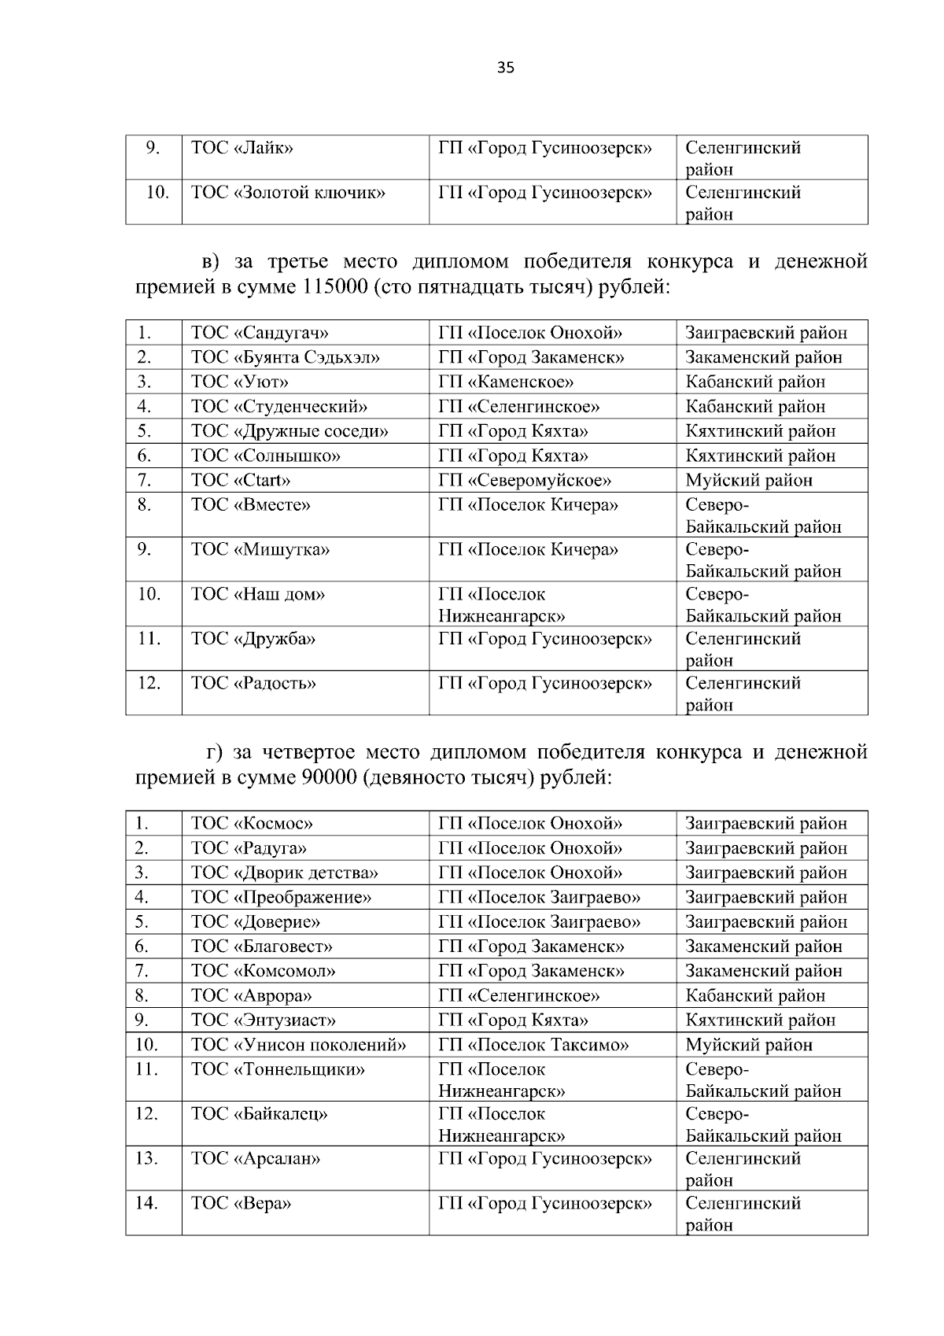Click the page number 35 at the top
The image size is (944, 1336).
coord(506,68)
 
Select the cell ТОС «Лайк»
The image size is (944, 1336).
coord(242,148)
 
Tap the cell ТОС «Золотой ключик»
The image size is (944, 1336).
coord(288,193)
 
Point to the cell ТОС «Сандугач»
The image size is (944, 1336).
coord(260,333)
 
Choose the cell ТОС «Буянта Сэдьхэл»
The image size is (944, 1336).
coord(286,357)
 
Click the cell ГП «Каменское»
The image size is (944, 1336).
coord(506,382)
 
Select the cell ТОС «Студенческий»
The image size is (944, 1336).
coord(279,407)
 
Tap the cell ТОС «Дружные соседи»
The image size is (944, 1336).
coord(289,431)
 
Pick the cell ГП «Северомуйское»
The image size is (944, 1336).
coord(525,481)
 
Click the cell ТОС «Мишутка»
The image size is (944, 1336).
coord(260,550)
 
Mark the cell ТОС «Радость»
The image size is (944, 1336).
coord(253,684)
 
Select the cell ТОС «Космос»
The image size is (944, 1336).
coord(252,824)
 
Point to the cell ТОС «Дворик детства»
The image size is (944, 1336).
coord(285,873)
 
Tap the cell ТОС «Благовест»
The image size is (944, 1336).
coord(262,947)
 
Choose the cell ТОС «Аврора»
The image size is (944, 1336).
coord(252,996)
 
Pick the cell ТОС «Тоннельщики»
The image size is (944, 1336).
coord(278,1070)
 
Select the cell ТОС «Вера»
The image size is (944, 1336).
coord(241,1204)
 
